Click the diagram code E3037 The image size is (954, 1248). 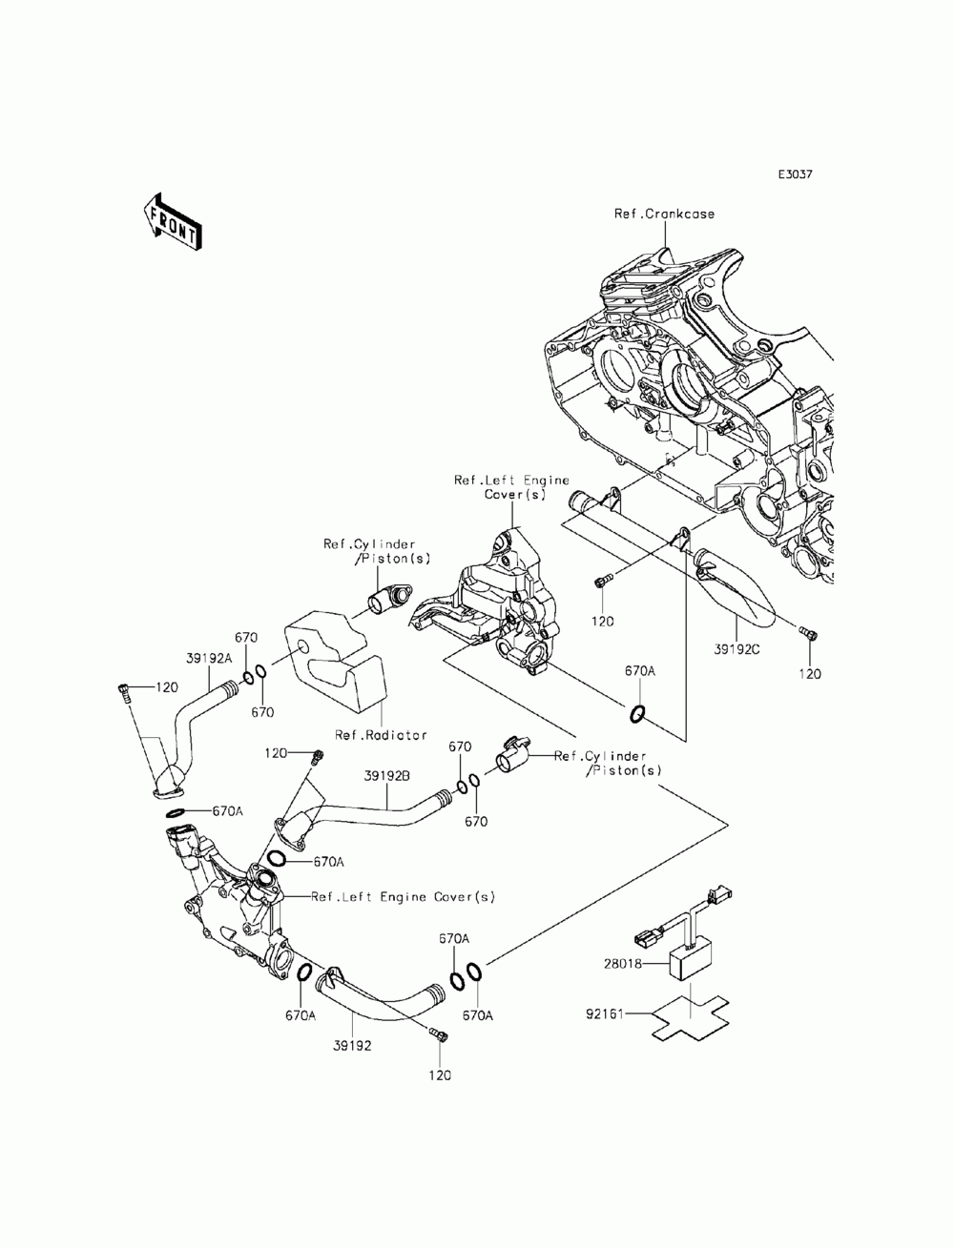tap(795, 174)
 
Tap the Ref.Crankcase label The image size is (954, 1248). tap(664, 214)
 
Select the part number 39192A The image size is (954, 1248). tap(209, 658)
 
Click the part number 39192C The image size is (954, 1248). tap(736, 649)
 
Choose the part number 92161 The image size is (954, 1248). tap(605, 1013)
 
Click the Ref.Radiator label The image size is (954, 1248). tap(381, 735)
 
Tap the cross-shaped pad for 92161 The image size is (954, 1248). tap(690, 1017)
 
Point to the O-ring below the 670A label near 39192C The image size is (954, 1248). tap(637, 713)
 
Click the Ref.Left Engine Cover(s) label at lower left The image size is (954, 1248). tap(403, 896)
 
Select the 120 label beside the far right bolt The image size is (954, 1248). tap(810, 674)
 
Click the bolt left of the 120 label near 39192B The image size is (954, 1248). tap(318, 757)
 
